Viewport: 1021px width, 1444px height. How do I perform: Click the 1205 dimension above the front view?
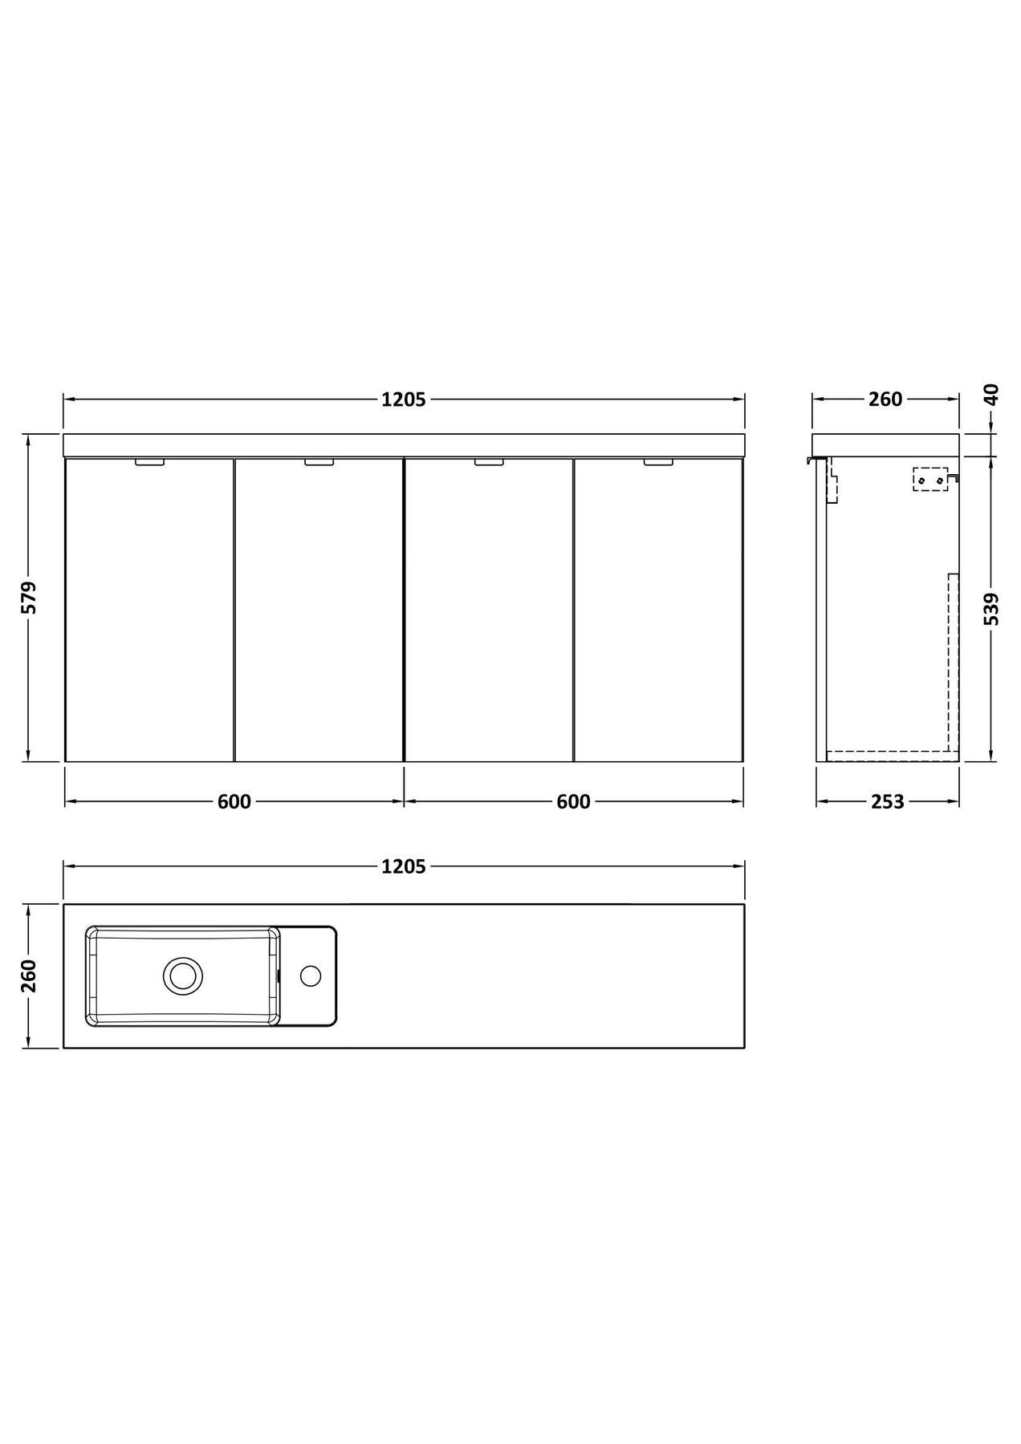click(403, 400)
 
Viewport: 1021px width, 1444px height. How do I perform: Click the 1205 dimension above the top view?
click(403, 866)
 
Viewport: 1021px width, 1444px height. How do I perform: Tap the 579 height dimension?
click(29, 598)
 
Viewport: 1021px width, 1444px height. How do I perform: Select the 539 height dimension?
click(992, 608)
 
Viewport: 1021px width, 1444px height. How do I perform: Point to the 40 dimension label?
click(992, 395)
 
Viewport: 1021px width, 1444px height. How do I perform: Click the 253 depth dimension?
click(887, 801)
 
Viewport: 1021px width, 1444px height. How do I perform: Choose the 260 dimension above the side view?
click(885, 400)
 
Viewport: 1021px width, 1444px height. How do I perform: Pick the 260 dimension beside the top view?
click(29, 976)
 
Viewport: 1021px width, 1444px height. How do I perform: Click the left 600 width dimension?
click(234, 801)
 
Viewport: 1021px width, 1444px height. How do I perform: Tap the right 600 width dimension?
click(573, 801)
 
